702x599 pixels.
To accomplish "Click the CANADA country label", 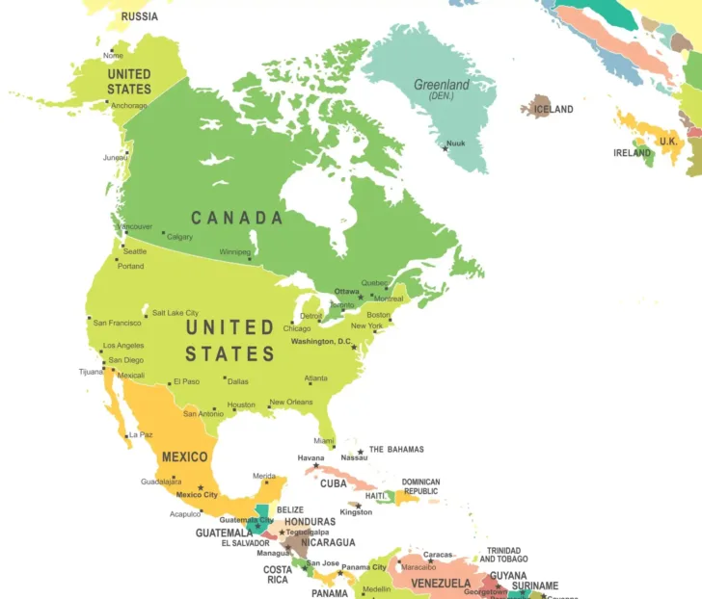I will click(237, 218).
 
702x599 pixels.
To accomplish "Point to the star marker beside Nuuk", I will click(445, 147).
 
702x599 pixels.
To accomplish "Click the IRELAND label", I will click(633, 153).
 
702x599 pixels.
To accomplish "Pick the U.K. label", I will click(668, 142).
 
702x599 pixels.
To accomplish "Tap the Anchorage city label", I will click(128, 106).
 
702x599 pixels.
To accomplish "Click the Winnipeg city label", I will click(234, 251).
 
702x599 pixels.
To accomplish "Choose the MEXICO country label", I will click(184, 456).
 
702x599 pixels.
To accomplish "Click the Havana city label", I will click(310, 457).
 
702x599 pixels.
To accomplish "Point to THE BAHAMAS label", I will click(396, 450).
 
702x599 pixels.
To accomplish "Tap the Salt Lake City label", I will click(175, 313).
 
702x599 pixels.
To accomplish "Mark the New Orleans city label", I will click(290, 403).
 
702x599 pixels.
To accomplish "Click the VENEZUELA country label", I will click(442, 584).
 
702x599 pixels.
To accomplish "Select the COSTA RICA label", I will click(278, 575).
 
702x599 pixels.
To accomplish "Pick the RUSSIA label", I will click(140, 16).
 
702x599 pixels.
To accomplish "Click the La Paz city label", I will click(141, 434).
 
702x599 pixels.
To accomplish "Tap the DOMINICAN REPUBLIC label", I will click(420, 487).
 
